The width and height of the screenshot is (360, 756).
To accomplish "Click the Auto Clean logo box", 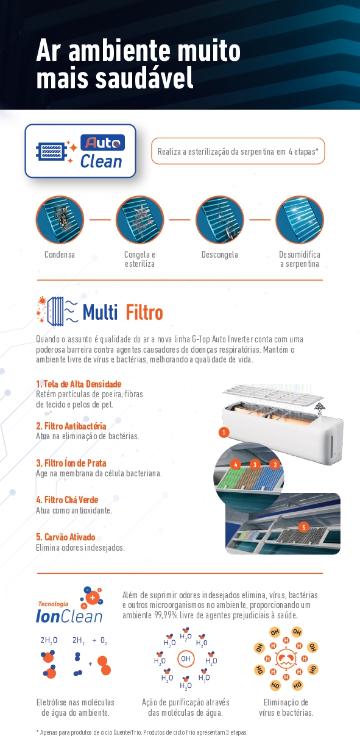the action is (x=80, y=151).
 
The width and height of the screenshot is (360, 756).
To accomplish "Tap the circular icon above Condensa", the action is (x=60, y=220).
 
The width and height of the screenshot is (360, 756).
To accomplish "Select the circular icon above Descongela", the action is (x=220, y=220).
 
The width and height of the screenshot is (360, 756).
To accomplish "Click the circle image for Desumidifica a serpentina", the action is (x=300, y=220).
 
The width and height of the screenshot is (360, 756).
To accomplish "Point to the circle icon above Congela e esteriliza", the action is (x=139, y=220).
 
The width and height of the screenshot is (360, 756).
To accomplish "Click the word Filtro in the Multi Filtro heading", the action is (x=144, y=312).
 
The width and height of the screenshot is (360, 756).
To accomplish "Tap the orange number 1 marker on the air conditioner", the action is (x=224, y=433).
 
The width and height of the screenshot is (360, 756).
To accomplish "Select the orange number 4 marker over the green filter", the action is (x=236, y=465).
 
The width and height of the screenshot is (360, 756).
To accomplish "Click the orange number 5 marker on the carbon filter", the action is (x=304, y=527).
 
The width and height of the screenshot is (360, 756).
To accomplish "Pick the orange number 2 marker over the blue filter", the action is (x=275, y=465).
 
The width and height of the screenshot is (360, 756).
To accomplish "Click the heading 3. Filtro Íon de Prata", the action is (x=71, y=463).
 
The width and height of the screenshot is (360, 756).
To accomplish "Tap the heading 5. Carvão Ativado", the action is (x=66, y=537).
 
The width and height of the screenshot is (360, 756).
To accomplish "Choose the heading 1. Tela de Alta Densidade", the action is (x=79, y=384).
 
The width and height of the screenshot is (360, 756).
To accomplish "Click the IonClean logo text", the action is (x=69, y=616).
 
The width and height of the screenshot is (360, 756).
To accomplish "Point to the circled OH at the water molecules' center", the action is (x=186, y=659).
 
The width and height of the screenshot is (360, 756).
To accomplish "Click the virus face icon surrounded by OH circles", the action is (x=286, y=659).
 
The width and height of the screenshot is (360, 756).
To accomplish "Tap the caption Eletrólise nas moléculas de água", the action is (x=76, y=707).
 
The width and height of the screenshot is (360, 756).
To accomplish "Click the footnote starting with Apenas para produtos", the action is (x=142, y=732).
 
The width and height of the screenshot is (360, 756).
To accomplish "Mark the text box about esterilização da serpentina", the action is (x=238, y=151).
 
